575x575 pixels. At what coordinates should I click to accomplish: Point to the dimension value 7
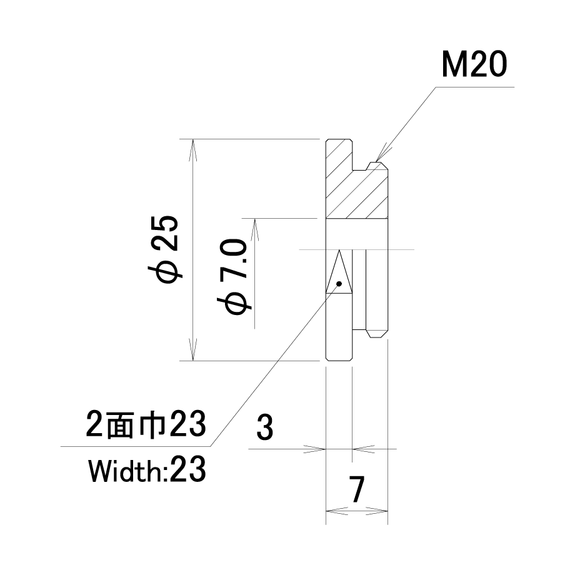pyautogui.click(x=357, y=490)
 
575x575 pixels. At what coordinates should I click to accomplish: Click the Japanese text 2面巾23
pyautogui.click(x=146, y=426)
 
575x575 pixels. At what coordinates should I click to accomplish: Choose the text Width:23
pyautogui.click(x=147, y=470)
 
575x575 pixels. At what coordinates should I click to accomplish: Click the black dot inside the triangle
pyautogui.click(x=339, y=283)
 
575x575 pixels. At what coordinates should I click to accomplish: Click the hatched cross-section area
pyautogui.click(x=356, y=187)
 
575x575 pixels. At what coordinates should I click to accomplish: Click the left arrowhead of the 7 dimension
pyautogui.click(x=331, y=511)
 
